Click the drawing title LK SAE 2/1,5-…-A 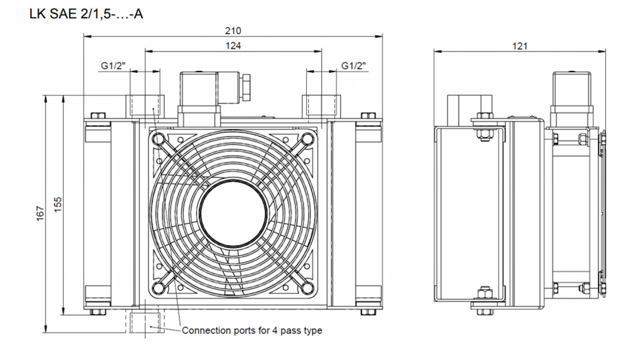86,14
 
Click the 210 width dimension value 233,31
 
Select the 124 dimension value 233,46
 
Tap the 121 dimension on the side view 520,46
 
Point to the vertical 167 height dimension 40,213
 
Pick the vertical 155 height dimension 58,205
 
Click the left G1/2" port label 113,66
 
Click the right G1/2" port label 353,66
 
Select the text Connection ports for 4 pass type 252,331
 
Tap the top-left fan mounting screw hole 158,139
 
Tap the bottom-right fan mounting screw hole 307,288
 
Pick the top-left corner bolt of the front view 98,116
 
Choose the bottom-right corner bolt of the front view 368,312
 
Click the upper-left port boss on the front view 145,106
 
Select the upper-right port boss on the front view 322,106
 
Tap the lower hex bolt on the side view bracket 485,301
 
